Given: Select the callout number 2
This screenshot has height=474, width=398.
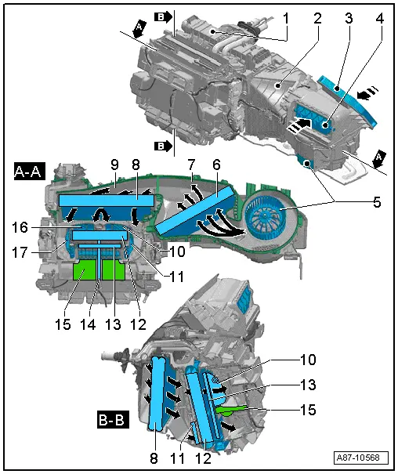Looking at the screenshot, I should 318,16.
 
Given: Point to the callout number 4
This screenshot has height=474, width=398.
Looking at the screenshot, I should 379,16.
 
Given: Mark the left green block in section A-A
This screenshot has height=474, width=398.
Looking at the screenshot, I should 85,272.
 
